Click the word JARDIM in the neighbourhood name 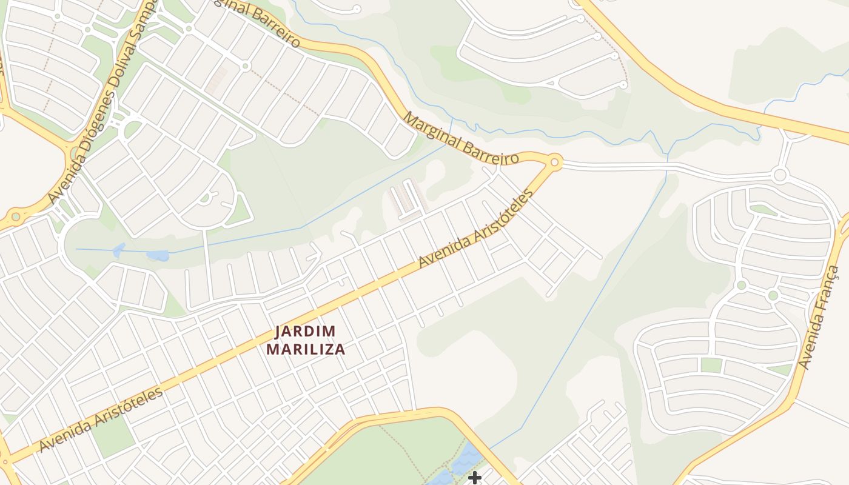point(305,332)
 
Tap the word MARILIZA point(306,349)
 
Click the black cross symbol point(474,478)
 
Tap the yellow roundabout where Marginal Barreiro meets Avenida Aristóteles point(554,162)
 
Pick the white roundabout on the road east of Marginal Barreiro point(780,176)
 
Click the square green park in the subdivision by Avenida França point(711,365)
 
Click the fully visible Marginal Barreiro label point(461,139)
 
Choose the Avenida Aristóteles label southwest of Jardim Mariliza point(101,419)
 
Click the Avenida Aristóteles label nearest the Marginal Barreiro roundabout point(477,229)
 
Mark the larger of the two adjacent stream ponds point(158,255)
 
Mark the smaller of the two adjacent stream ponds point(119,250)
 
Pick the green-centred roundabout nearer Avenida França point(773,296)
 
